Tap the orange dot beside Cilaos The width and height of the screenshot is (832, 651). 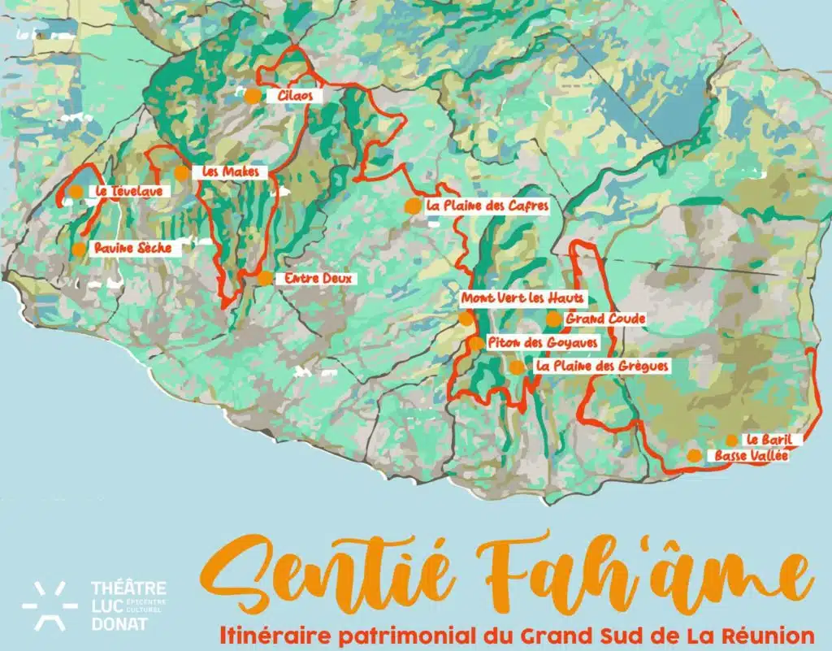coord(253,95)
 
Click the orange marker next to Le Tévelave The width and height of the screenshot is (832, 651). coord(76,192)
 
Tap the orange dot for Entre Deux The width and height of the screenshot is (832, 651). coord(266,278)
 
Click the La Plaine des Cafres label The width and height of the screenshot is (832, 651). coord(487,206)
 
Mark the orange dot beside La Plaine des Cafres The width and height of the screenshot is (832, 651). coord(413,206)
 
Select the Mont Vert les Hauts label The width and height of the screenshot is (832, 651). coord(522,298)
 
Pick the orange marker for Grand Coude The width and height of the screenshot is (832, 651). coord(553,319)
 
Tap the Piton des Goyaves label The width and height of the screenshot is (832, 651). coord(543,343)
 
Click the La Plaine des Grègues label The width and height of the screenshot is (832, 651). coord(602,367)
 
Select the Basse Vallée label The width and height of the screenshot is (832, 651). coord(751,456)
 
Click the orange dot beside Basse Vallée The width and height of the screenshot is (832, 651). coord(694,455)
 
